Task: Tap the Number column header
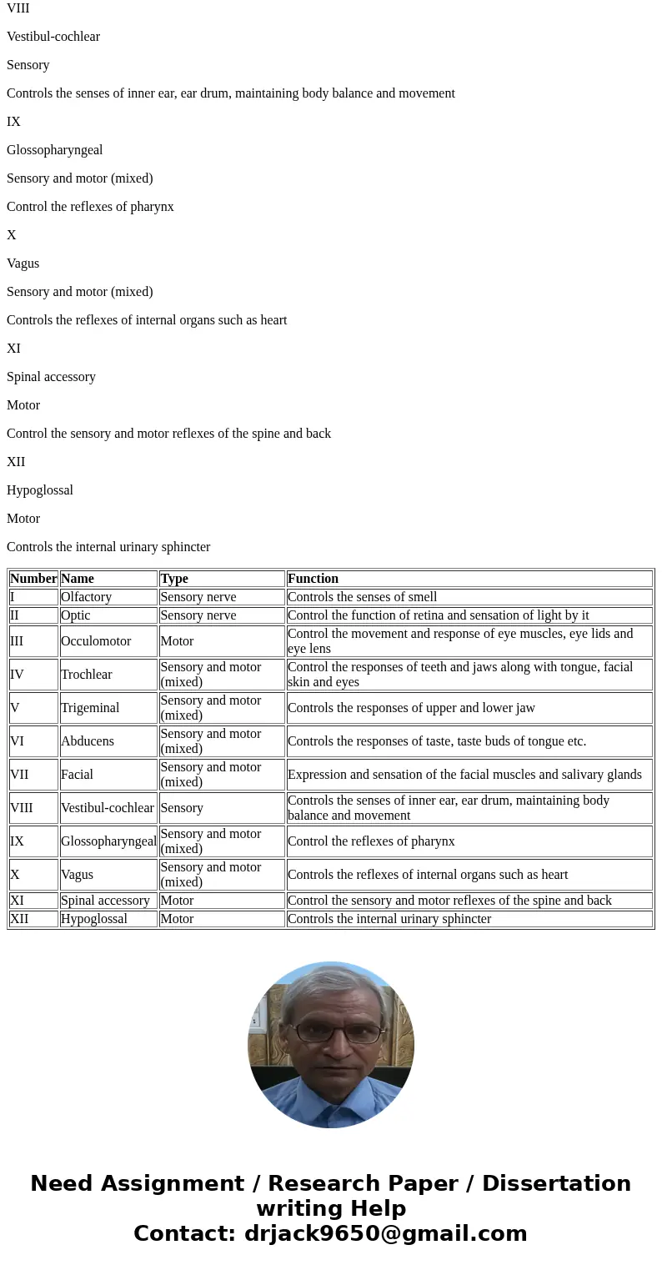click(x=33, y=579)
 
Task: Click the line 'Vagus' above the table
click(x=23, y=264)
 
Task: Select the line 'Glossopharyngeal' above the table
click(x=55, y=150)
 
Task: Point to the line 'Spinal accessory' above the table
click(x=51, y=377)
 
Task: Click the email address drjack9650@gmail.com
click(x=385, y=1234)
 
